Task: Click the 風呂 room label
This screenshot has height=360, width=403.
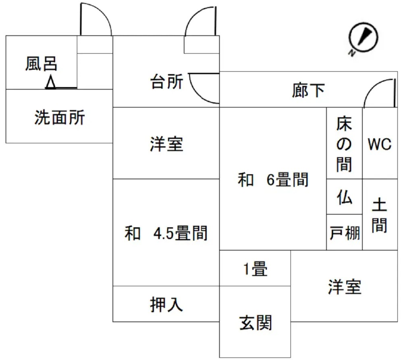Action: click(x=42, y=64)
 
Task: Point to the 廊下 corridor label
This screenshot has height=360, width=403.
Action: click(x=308, y=91)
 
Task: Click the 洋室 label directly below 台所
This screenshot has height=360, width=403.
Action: click(x=166, y=144)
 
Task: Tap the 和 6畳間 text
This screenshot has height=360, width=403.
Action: click(x=273, y=179)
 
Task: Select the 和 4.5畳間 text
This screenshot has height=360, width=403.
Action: click(x=166, y=233)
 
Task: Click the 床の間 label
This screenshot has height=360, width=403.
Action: click(x=344, y=144)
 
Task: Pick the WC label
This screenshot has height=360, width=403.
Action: click(x=379, y=144)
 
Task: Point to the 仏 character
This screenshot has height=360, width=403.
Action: click(x=345, y=198)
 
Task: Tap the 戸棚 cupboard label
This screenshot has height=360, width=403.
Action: click(x=345, y=233)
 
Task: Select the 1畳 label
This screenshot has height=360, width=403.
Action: click(x=255, y=269)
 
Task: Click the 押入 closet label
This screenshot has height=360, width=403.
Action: click(x=166, y=305)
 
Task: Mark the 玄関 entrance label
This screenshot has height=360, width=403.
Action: click(x=256, y=323)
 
